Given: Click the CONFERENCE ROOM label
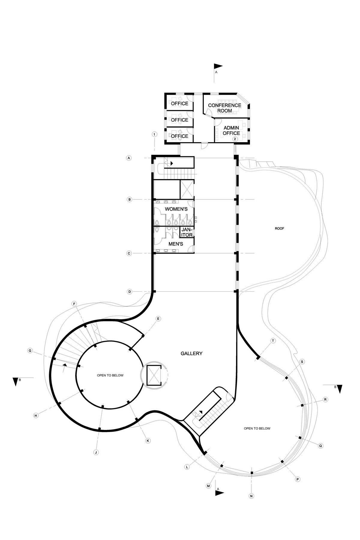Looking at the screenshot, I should [x=224, y=108].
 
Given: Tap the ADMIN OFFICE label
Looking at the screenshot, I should [x=231, y=130].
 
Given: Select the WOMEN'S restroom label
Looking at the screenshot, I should [x=176, y=209].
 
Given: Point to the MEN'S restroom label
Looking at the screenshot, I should [x=175, y=244].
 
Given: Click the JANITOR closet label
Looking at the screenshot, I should [x=187, y=232].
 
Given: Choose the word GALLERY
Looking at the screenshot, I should [x=191, y=353].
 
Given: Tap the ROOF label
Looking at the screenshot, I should [x=279, y=229].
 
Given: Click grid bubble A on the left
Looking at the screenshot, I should [x=129, y=158].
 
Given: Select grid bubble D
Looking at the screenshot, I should [x=130, y=292].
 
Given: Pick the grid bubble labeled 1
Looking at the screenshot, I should [x=154, y=134].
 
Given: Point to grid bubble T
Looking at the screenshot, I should [x=273, y=341].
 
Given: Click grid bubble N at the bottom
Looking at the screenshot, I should [x=251, y=496].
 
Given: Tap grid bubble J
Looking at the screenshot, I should [x=96, y=452].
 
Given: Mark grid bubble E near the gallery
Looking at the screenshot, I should [x=158, y=318].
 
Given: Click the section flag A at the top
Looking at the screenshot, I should [x=218, y=66].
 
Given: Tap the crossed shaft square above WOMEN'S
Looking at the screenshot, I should [x=187, y=190].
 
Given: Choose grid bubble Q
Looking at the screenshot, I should [x=320, y=446].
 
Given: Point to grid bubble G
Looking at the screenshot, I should [x=30, y=350].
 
